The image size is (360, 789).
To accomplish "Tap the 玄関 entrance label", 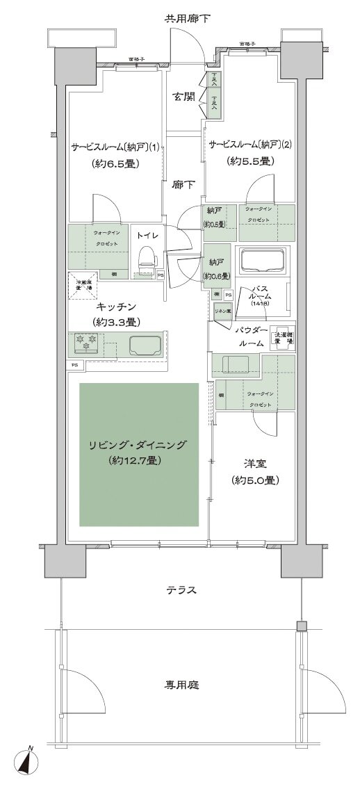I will [183, 97].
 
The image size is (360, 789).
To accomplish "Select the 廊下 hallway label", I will [183, 185].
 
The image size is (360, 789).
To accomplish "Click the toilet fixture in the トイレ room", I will [146, 261].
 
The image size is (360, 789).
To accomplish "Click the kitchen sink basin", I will [145, 344].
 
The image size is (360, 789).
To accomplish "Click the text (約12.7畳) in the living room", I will [136, 461].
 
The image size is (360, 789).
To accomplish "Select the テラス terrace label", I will [181, 591].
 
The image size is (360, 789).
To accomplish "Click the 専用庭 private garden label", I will [181, 685].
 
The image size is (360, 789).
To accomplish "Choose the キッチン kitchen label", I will [116, 307].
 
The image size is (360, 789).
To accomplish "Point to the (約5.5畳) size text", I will [251, 161].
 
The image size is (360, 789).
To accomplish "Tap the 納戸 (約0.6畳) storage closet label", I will [216, 268].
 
